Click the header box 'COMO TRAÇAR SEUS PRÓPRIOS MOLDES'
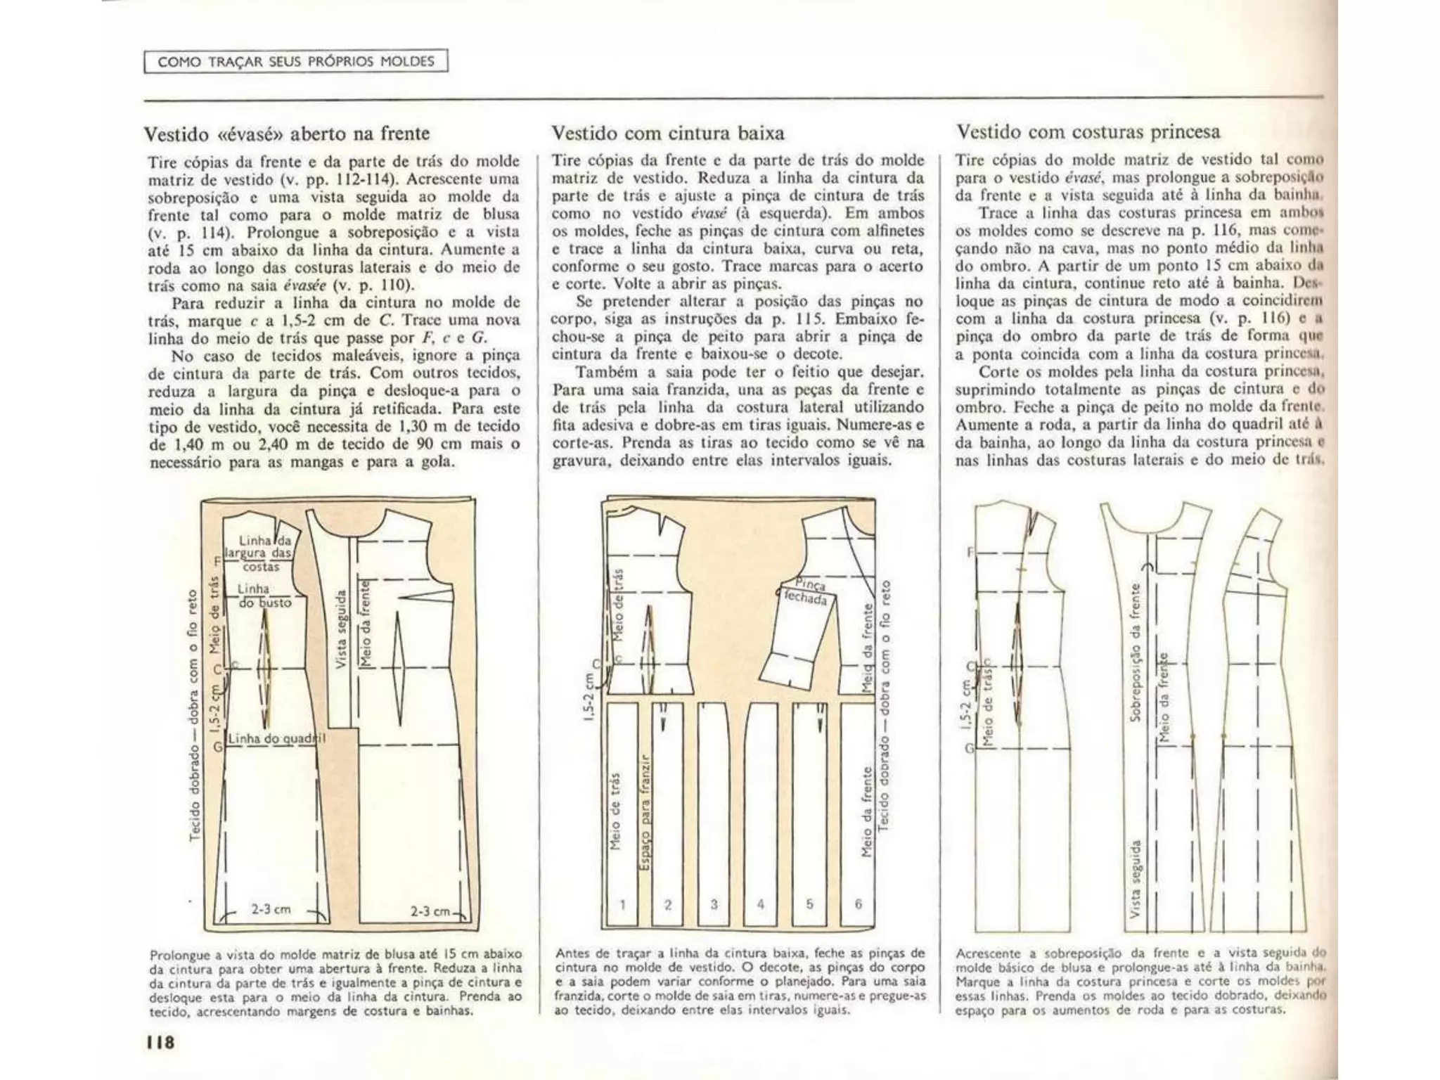pyautogui.click(x=296, y=61)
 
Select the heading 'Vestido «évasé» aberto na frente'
pyautogui.click(x=286, y=134)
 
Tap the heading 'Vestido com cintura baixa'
pyautogui.click(x=668, y=133)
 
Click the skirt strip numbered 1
pyautogui.click(x=622, y=809)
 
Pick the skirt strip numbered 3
pyautogui.click(x=714, y=809)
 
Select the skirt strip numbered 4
pyautogui.click(x=760, y=809)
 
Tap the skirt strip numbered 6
pyautogui.click(x=858, y=809)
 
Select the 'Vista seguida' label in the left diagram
pyautogui.click(x=341, y=629)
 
